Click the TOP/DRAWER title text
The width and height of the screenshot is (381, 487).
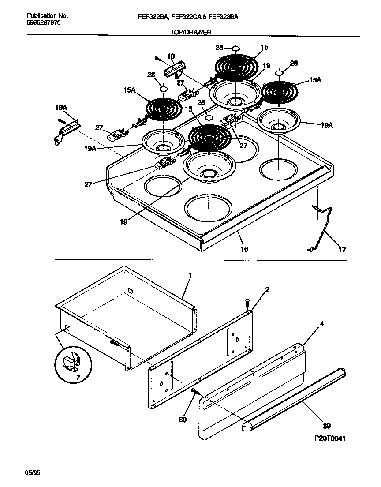190,32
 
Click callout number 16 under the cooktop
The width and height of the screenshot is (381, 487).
244,249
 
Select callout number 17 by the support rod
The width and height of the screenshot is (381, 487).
342,249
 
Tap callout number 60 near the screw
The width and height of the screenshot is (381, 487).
182,419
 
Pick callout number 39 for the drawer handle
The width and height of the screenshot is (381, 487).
326,426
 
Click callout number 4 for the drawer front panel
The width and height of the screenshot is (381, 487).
321,324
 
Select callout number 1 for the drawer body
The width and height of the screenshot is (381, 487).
190,276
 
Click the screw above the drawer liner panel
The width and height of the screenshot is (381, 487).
247,303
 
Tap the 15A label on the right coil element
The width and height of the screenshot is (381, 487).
315,80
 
